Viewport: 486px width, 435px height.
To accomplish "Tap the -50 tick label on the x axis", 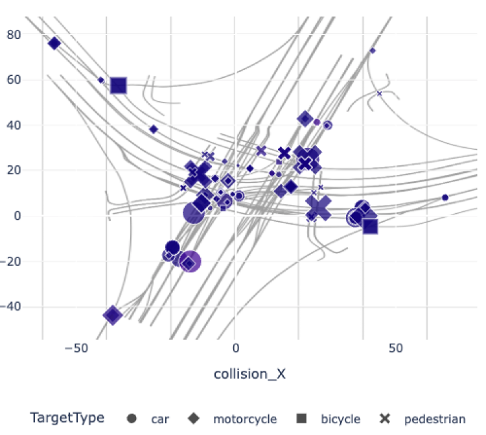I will pos(77,348).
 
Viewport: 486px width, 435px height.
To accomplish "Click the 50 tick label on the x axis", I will pos(396,348).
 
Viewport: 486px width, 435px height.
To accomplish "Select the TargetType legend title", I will pos(67,419).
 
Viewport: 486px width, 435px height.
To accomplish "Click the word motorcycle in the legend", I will pos(244,419).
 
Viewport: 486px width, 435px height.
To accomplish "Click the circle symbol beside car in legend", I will pos(133,419).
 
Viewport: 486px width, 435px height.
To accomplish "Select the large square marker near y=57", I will pos(118,85).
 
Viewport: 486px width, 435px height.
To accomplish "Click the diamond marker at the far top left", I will pos(54,43).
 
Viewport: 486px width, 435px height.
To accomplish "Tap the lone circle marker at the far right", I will pos(445,198).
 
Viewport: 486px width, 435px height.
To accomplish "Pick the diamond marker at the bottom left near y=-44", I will pos(113,316).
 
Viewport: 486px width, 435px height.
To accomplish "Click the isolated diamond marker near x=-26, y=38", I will pos(154,129).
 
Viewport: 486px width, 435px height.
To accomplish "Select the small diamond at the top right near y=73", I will pos(373,51).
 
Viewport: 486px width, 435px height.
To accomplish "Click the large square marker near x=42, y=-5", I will pos(370,226).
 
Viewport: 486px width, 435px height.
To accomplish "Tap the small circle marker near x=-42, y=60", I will pos(101,80).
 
